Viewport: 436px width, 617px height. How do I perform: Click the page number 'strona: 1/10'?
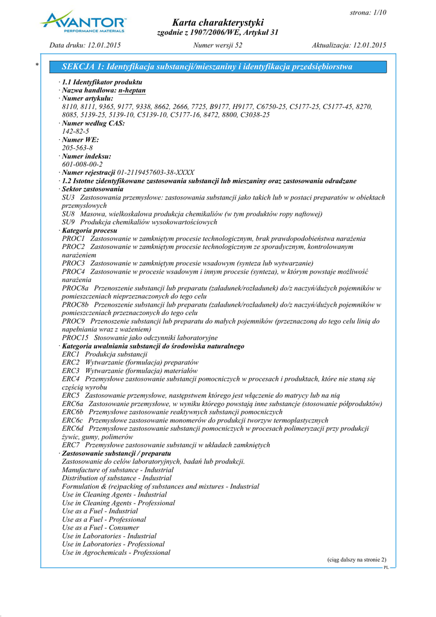368,13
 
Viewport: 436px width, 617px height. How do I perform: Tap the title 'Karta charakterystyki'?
218,22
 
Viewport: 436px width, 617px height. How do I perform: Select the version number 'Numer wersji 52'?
218,45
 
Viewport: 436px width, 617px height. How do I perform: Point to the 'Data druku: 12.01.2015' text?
86,45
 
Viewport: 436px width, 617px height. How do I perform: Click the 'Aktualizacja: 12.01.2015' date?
349,45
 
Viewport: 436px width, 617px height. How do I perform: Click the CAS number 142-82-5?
75,131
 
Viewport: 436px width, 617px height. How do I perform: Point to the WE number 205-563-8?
77,148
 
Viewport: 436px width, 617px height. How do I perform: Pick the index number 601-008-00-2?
82,164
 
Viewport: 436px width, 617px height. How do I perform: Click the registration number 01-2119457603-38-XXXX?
155,172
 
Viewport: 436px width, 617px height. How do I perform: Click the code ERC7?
71,445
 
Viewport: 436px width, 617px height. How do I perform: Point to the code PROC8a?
75,288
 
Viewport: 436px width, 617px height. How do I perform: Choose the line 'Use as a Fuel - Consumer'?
104,527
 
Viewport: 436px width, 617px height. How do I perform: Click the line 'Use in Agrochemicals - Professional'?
116,552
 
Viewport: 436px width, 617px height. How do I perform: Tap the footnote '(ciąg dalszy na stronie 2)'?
357,560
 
